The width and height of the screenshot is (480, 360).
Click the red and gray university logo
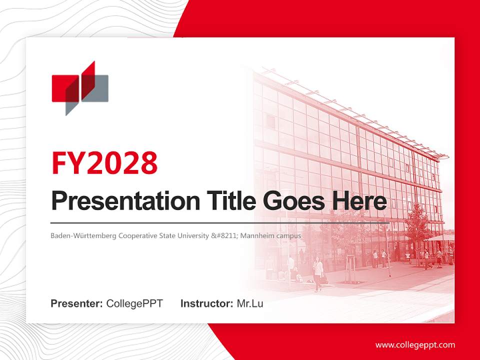coord(80,88)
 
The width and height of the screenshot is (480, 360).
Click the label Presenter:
coord(77,303)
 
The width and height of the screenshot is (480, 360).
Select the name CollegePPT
coord(134,303)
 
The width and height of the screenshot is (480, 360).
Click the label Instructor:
coord(206,303)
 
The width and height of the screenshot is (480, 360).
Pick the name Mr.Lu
coord(249,303)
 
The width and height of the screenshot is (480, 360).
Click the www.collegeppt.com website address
coord(415,345)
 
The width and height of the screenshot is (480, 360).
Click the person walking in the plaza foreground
coord(318,274)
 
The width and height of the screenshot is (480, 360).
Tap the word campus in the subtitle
coord(290,235)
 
